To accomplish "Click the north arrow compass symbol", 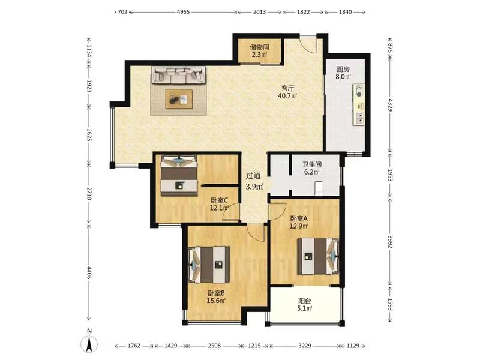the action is tap(89, 343).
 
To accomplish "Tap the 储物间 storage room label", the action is tap(259, 47).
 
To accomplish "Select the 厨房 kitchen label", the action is tap(343, 69).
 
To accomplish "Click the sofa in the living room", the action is tap(178, 76).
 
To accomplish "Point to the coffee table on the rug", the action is tap(179, 99).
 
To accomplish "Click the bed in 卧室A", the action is tap(319, 257).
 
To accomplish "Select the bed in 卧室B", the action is tap(209, 265).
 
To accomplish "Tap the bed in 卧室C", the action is tap(179, 175).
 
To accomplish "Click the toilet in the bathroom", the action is tap(319, 188).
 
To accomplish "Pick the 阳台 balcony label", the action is tap(305, 301).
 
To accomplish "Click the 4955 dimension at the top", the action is tap(184, 12).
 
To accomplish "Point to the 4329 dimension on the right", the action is tap(390, 105).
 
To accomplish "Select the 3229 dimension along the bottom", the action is tap(305, 346).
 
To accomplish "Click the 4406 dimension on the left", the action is tap(89, 272).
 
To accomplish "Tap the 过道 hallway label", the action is tap(254, 176).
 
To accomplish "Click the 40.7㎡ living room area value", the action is tap(287, 96).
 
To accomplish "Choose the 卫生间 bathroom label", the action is tap(312, 164).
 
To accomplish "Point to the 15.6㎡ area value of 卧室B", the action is tap(216, 301).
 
